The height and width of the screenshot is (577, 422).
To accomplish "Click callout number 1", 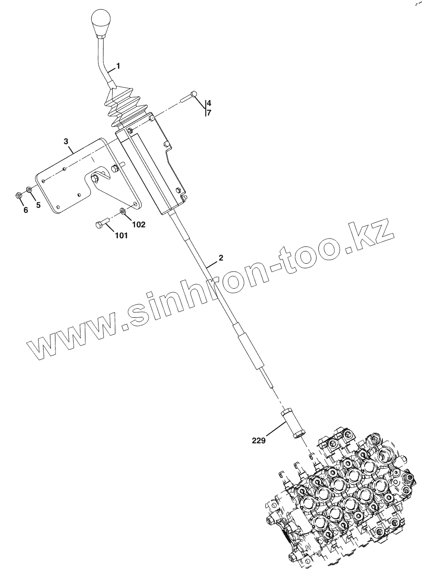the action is (x=118, y=66).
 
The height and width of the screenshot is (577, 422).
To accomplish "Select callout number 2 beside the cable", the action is (x=221, y=258).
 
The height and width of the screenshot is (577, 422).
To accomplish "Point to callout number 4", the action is (x=209, y=103).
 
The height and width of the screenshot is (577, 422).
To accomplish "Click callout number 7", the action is (x=209, y=113).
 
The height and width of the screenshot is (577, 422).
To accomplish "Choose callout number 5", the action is (x=38, y=205).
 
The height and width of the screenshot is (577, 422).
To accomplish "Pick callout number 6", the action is (x=25, y=210).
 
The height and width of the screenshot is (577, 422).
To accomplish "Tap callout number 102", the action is (x=139, y=224).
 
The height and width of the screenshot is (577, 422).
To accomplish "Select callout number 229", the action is (x=258, y=440).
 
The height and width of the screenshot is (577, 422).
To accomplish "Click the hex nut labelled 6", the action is (x=17, y=195).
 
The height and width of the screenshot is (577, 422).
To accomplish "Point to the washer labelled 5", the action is (x=29, y=189).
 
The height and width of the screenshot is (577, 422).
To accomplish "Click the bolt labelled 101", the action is (x=101, y=224).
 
